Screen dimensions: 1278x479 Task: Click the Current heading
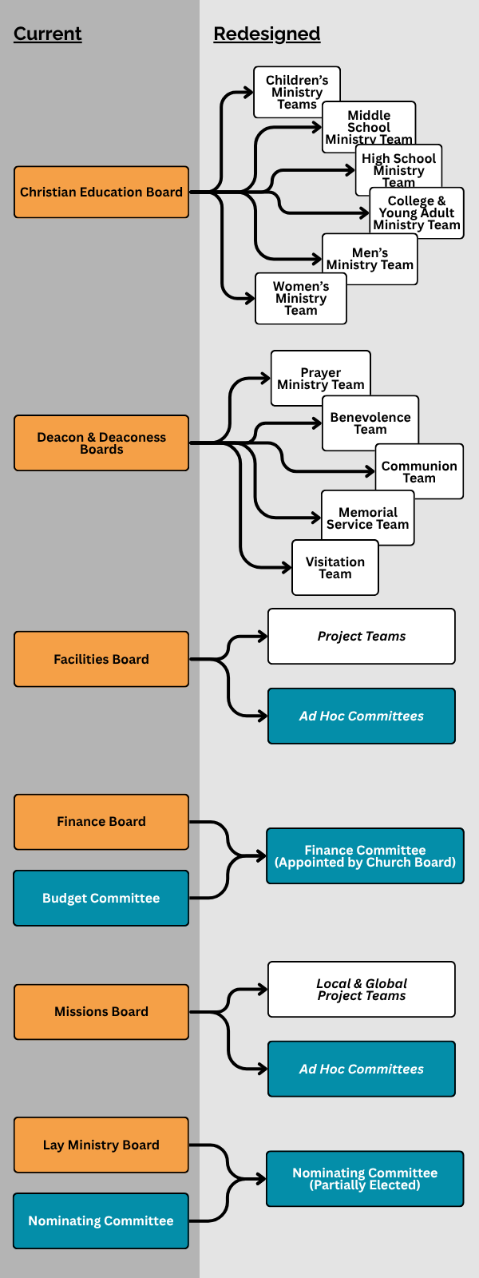pyautogui.click(x=48, y=34)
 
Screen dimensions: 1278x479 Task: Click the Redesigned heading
pyautogui.click(x=267, y=34)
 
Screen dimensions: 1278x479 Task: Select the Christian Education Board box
pyautogui.click(x=101, y=192)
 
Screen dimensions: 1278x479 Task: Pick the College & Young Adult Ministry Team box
pyautogui.click(x=417, y=213)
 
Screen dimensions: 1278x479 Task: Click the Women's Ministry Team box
pyautogui.click(x=301, y=299)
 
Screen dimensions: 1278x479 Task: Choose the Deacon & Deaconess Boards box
pyautogui.click(x=101, y=443)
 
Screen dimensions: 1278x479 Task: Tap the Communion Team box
pyautogui.click(x=419, y=471)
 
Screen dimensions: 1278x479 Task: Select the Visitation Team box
pyautogui.click(x=335, y=568)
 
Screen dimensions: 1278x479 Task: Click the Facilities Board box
pyautogui.click(x=101, y=659)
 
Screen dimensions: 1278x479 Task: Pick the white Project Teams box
pyautogui.click(x=362, y=636)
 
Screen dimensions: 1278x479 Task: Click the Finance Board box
pyautogui.click(x=101, y=821)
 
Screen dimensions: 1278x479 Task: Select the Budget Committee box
pyautogui.click(x=101, y=898)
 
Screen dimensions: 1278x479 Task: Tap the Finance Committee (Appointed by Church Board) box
pyautogui.click(x=365, y=855)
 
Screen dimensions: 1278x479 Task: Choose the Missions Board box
pyautogui.click(x=101, y=1011)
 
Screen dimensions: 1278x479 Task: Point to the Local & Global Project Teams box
pyautogui.click(x=362, y=989)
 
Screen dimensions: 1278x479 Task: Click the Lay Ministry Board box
pyautogui.click(x=101, y=1145)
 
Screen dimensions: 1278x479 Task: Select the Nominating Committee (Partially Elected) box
pyautogui.click(x=365, y=1178)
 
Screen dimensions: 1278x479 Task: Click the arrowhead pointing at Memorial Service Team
pyautogui.click(x=317, y=518)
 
